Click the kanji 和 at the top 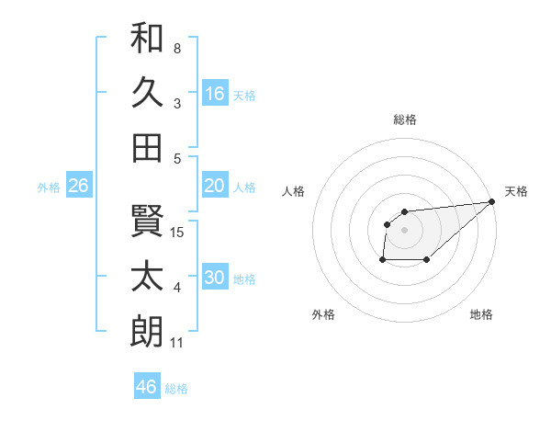(147, 38)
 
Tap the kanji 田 (147, 147)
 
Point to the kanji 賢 (147, 221)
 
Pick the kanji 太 (147, 277)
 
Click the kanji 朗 (147, 331)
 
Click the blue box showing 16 (215, 94)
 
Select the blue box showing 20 (215, 186)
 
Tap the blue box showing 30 (215, 278)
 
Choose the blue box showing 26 (78, 186)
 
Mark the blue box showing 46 (147, 387)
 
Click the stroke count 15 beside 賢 (178, 232)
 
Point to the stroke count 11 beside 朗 (177, 343)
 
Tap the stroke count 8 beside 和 (177, 48)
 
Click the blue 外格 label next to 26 (49, 188)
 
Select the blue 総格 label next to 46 (176, 389)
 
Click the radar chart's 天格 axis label (516, 191)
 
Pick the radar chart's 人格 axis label (294, 191)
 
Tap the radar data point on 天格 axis (491, 202)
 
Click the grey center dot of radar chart (404, 228)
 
